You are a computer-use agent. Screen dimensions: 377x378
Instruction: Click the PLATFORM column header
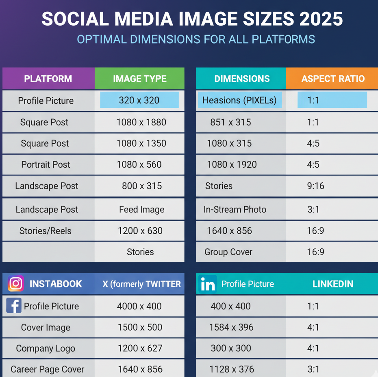coord(48,79)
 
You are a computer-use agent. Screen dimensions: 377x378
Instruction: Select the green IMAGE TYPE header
coord(139,79)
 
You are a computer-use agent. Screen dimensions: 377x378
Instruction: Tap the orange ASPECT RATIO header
coord(332,79)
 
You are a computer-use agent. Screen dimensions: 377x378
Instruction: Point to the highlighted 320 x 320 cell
coord(139,100)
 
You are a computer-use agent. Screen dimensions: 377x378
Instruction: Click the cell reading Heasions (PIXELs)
coord(239,100)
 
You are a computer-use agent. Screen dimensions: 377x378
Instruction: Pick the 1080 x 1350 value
coord(141,143)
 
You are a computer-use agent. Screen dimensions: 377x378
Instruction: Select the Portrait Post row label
coord(46,164)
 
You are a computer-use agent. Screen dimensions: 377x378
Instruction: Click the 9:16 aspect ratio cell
coord(315,186)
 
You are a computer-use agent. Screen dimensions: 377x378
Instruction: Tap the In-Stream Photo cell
coord(235,210)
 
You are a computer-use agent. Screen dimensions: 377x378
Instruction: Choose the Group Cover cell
coord(228,252)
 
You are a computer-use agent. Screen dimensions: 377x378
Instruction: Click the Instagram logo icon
coord(16,284)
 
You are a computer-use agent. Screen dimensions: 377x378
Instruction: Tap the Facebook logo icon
coord(14,305)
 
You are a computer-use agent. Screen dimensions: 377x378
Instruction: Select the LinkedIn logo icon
coord(208,284)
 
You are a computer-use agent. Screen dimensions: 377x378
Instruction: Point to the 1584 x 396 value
coord(230,327)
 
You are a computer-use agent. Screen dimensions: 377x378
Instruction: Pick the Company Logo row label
coord(46,349)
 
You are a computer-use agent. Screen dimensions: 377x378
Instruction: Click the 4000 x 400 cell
coord(139,306)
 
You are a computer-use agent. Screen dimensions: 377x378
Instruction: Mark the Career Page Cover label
coord(48,369)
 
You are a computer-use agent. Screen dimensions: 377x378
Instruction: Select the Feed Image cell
coord(141,210)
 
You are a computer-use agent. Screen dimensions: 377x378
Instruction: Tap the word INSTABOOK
coord(56,284)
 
